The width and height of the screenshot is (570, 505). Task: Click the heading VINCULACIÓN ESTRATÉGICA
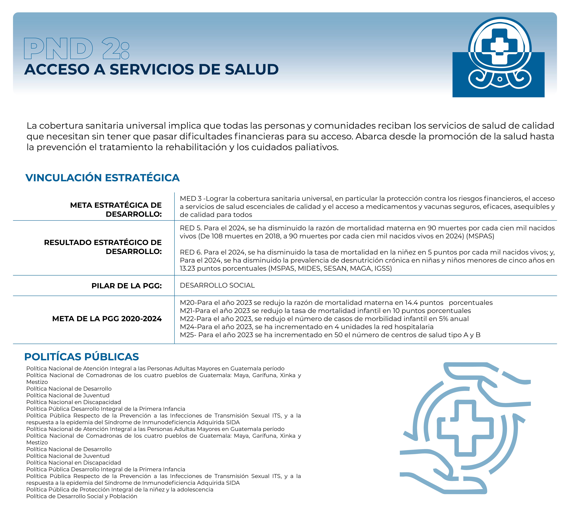tap(102, 178)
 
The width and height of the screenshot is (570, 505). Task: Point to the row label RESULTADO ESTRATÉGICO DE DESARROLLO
tap(103, 247)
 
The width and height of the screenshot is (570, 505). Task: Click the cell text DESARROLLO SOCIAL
tap(217, 285)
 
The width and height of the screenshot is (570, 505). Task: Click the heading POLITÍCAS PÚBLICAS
tap(81, 357)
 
